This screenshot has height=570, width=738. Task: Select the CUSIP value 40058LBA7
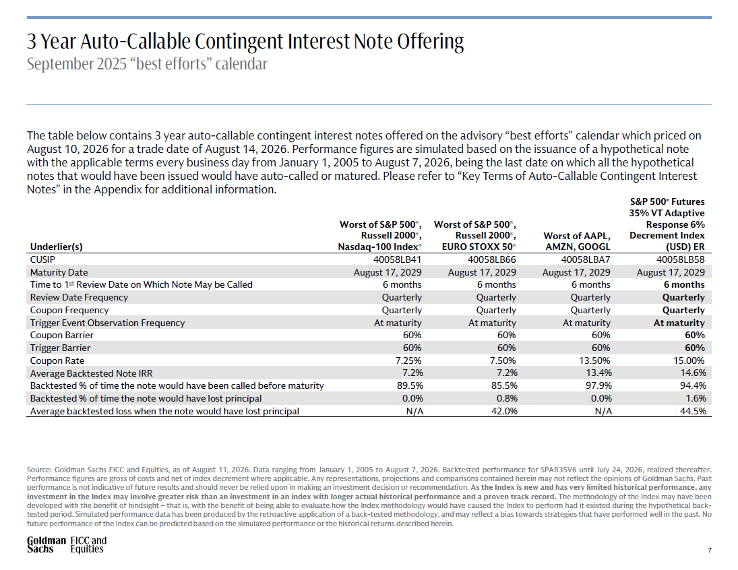click(586, 259)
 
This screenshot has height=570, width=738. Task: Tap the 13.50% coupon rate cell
click(594, 360)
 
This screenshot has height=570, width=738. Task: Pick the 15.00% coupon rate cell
click(689, 360)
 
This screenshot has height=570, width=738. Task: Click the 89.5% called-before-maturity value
click(410, 385)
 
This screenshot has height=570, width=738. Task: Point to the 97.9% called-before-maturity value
click(598, 385)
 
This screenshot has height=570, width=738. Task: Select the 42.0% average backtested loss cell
click(504, 411)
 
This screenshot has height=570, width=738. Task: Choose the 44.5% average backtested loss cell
click(693, 411)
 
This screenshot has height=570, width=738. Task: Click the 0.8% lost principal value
click(506, 398)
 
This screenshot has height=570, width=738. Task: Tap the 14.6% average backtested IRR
click(694, 373)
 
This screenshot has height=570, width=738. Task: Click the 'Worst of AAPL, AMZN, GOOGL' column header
click(576, 241)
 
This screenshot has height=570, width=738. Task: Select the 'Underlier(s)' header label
click(56, 247)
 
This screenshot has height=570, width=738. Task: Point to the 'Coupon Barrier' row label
click(61, 335)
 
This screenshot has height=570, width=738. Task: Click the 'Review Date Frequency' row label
click(79, 298)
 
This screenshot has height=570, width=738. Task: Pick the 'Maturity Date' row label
click(59, 272)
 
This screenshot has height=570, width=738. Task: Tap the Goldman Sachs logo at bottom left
click(46, 544)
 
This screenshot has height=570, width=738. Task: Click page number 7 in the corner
click(709, 550)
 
